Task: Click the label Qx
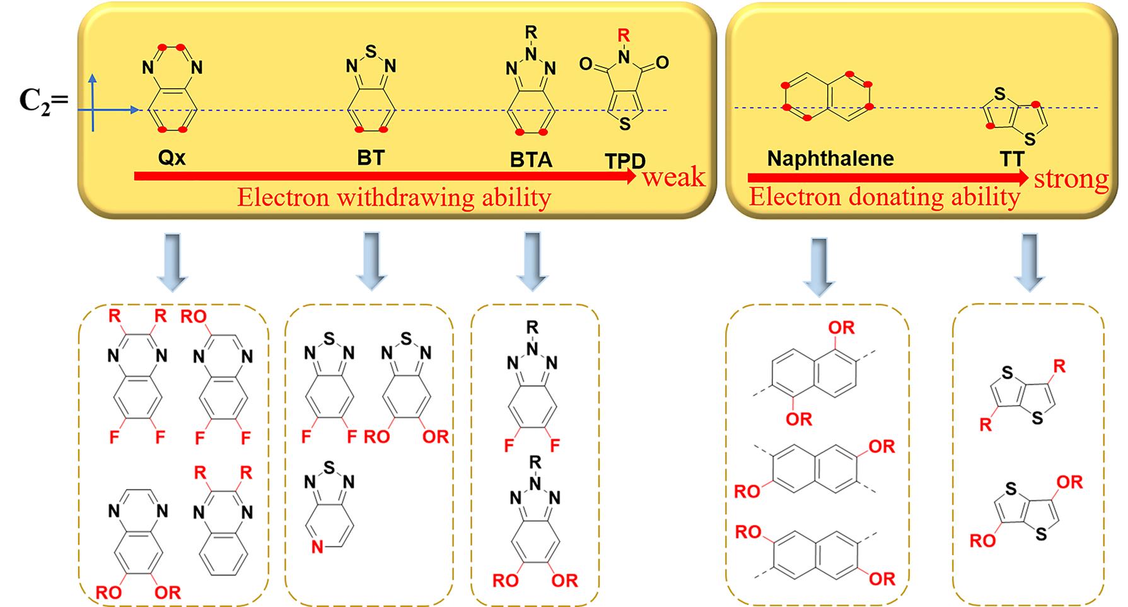172,157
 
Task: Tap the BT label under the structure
370,157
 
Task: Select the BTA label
531,160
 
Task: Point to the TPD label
625,161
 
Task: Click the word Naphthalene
830,158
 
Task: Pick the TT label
1011,158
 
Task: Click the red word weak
673,177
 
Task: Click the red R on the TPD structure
624,35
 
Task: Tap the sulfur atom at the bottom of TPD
624,124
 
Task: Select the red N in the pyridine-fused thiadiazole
317,547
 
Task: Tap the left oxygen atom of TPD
586,64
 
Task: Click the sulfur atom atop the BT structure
371,50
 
